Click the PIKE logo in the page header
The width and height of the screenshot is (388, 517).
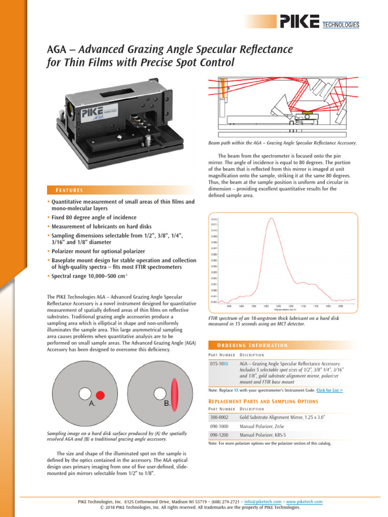pos(299,22)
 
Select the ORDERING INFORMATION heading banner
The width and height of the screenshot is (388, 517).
pos(248,345)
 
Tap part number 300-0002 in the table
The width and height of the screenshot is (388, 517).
pos(219,418)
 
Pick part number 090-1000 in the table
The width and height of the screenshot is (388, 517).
pos(219,426)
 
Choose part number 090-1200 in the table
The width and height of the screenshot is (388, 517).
pos(219,435)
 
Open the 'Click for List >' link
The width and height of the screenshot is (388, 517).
pos(329,390)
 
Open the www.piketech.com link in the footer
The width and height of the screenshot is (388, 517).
pos(304,502)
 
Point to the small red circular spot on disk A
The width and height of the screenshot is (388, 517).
pos(100,394)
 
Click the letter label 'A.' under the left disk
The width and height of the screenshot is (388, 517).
pos(92,404)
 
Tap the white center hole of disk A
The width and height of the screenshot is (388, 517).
pos(84,393)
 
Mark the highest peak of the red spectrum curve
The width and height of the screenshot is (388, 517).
pos(272,219)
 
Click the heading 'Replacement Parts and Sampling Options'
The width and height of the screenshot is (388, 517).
pos(263,401)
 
